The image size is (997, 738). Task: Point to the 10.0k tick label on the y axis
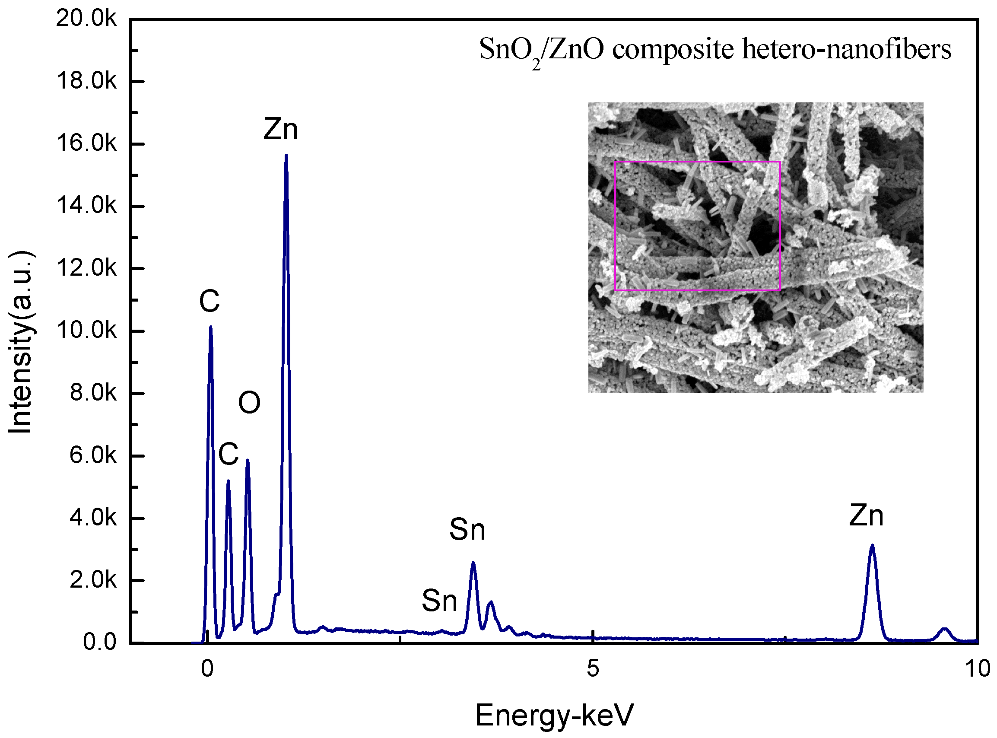point(86,331)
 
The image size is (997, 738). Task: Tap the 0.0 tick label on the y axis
point(99,642)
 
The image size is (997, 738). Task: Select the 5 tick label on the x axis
point(593,669)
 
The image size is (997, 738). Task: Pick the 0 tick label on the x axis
point(207,669)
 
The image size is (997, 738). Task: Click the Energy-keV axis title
point(554,715)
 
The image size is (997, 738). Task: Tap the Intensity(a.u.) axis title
point(21,342)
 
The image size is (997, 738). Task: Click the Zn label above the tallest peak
point(280,130)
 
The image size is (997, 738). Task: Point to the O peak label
point(249,403)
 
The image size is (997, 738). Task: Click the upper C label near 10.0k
point(210,301)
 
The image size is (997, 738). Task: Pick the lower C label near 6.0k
point(228,454)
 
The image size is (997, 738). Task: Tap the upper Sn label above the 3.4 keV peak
point(467,530)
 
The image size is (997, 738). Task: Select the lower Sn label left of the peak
point(439,601)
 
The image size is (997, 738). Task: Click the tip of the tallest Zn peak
point(286,156)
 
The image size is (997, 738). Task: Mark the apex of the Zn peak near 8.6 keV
point(872,546)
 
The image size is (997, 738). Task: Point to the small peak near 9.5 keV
point(944,629)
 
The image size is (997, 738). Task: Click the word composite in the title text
point(673,49)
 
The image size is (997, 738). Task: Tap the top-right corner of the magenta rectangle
point(780,162)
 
